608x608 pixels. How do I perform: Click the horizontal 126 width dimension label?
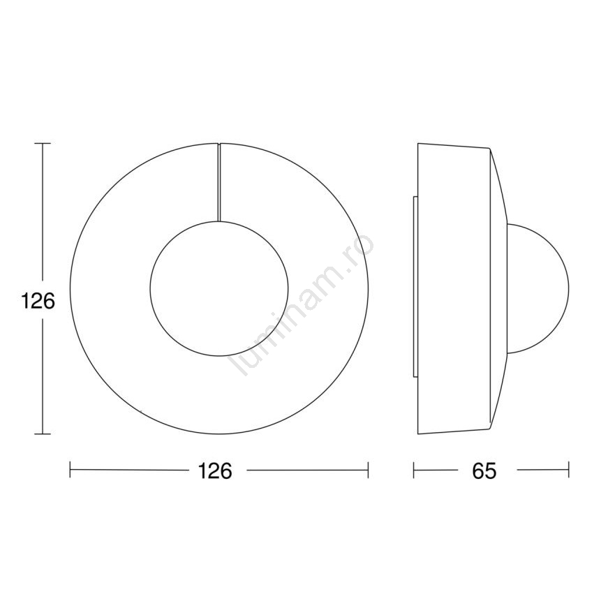point(215,470)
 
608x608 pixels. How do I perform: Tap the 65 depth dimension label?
point(484,470)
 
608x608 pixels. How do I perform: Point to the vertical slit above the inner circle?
point(219,183)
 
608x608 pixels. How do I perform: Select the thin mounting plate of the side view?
point(415,287)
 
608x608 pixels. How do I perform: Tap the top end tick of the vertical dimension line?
point(43,144)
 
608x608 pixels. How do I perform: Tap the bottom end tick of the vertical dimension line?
point(43,433)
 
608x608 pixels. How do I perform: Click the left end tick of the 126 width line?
point(71,470)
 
